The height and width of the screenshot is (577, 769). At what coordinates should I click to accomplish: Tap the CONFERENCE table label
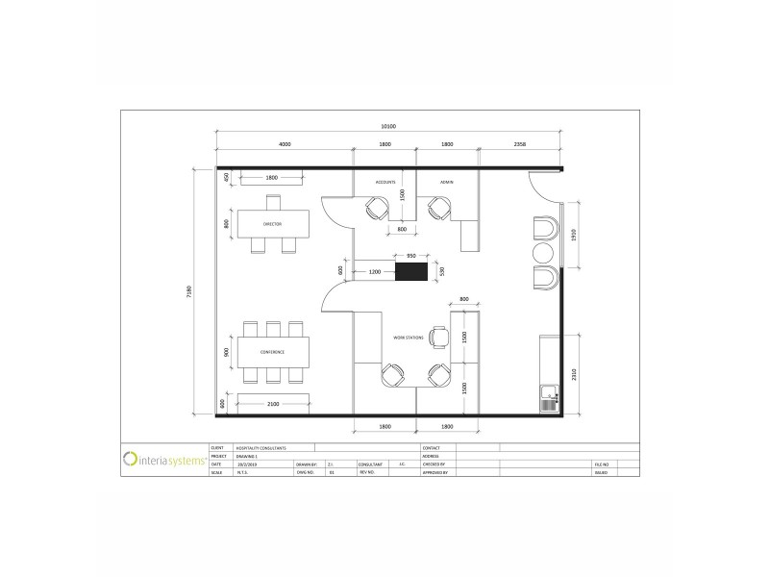point(271,352)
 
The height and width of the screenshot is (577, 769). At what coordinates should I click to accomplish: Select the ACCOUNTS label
point(385,182)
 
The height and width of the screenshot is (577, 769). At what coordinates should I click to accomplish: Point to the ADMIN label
point(446,182)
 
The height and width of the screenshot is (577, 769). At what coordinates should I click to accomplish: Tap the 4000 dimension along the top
point(285,144)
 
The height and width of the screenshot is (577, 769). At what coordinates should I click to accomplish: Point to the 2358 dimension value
point(520,144)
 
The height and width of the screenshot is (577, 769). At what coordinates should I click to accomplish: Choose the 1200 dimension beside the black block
point(374,272)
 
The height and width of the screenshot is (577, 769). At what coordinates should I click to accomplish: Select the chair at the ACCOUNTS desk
point(376,209)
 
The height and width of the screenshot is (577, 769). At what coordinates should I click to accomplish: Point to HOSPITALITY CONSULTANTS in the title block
point(260,448)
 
